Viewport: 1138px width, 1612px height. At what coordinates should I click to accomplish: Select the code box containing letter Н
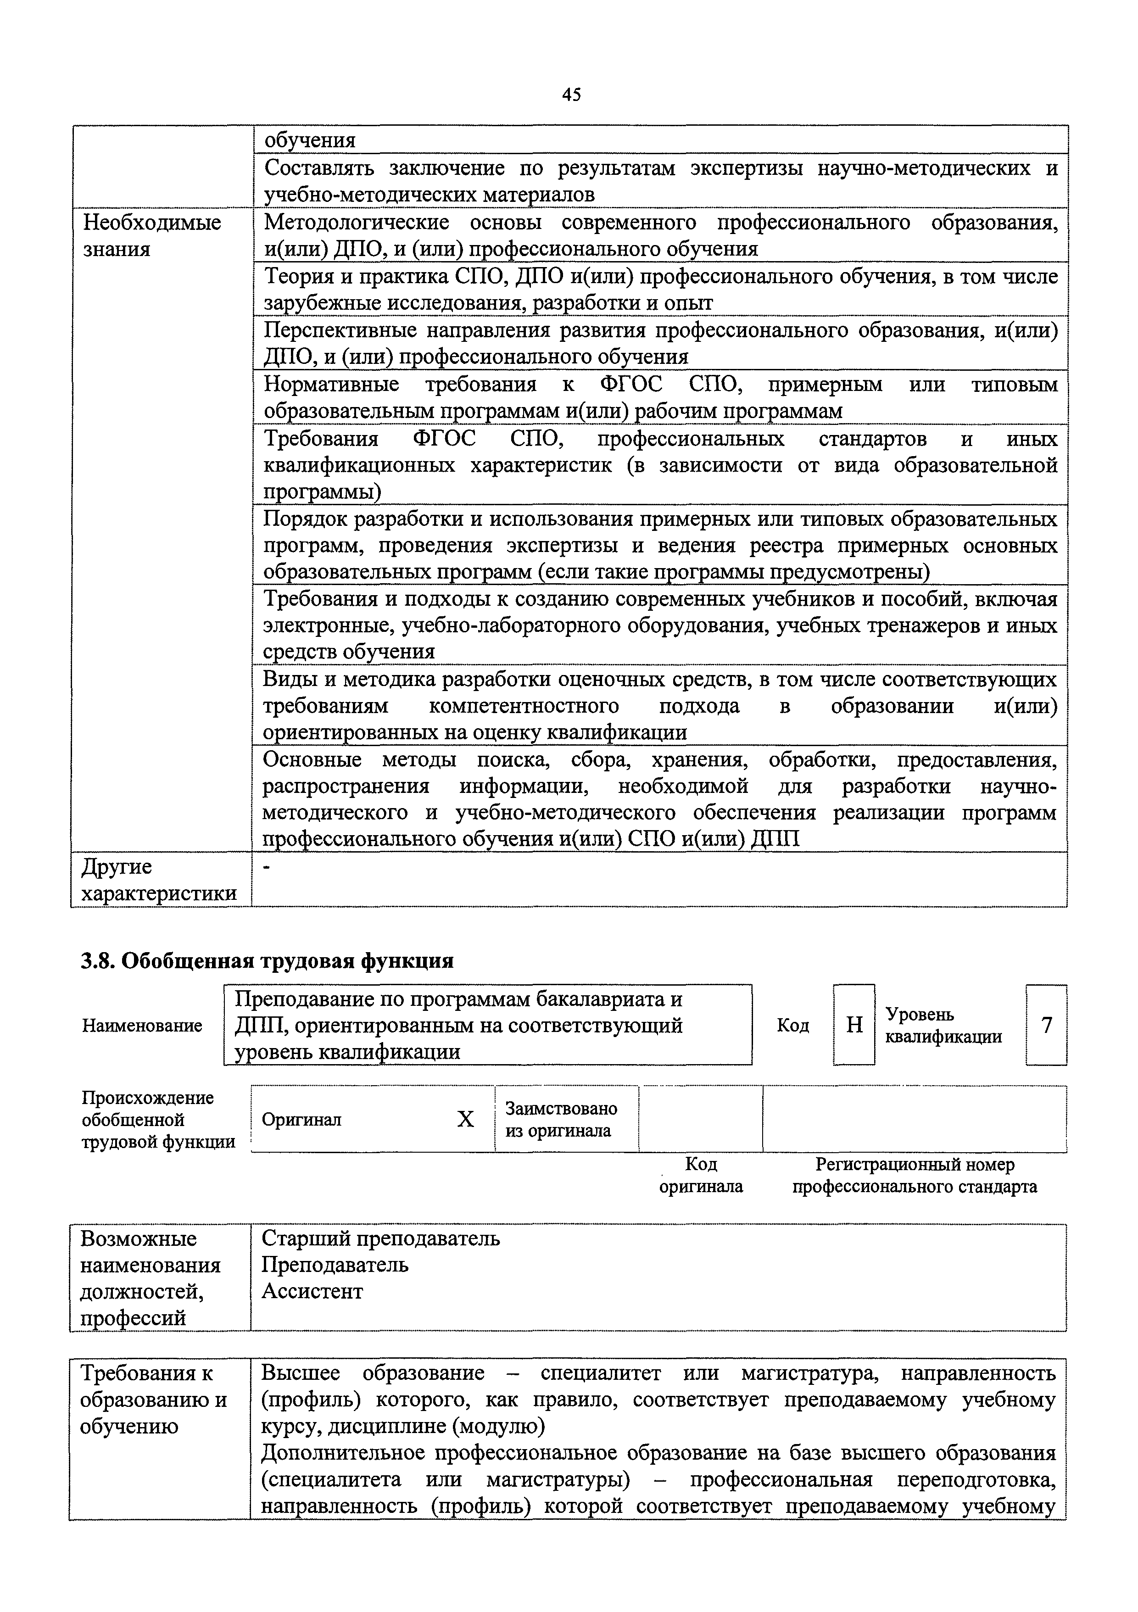[853, 1025]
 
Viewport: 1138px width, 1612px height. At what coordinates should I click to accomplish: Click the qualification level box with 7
[1046, 1025]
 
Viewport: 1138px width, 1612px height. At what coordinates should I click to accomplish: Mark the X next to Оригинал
[465, 1119]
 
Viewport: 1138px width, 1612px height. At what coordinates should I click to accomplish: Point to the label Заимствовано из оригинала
[560, 1119]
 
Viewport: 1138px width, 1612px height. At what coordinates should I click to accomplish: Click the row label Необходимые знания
[151, 236]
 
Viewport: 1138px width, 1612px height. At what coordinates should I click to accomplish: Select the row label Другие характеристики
[159, 881]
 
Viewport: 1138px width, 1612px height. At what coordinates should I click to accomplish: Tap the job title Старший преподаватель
[380, 1238]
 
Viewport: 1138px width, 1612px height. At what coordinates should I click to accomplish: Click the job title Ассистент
[312, 1291]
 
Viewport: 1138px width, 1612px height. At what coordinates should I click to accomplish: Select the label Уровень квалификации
[943, 1026]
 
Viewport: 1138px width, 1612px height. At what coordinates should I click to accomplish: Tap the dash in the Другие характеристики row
[267, 868]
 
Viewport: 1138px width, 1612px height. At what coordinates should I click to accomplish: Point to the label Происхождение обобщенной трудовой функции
[157, 1120]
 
